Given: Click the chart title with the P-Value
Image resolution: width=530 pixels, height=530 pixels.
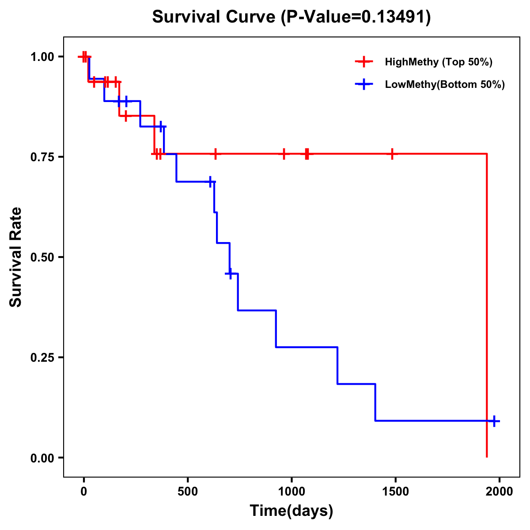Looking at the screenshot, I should click(x=291, y=17).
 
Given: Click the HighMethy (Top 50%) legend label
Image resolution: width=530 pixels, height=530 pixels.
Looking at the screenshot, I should click(x=439, y=62).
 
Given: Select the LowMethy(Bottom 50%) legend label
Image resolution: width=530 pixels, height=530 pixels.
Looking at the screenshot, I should click(x=445, y=84).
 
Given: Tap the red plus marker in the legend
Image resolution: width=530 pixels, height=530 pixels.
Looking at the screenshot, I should click(x=363, y=62).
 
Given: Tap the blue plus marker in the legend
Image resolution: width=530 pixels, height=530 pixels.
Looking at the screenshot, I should click(x=363, y=84).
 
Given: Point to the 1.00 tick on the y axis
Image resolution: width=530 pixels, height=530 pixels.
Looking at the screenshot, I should click(x=42, y=57).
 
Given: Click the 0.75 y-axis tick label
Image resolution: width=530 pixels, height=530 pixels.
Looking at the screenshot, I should click(x=42, y=157).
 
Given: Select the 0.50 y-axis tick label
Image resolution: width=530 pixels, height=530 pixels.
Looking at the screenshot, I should click(x=42, y=257).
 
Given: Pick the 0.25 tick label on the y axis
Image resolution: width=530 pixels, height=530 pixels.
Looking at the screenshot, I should click(x=42, y=358).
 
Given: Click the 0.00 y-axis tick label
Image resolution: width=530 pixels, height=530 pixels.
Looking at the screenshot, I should click(x=42, y=458).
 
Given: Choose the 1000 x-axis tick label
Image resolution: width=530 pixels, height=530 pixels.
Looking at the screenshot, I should click(x=291, y=492).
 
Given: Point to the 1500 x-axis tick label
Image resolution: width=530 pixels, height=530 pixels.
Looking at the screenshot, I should click(x=395, y=492).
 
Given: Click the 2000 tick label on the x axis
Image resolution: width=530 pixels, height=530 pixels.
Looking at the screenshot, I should click(x=499, y=492).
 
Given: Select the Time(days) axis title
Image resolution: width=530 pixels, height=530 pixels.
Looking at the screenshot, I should click(x=291, y=511).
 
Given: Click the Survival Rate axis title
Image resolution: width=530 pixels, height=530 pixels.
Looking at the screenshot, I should click(x=16, y=257).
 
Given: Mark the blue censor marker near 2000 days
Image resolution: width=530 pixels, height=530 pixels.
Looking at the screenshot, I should click(x=494, y=421).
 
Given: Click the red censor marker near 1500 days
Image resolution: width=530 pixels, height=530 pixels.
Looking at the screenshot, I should click(x=392, y=154).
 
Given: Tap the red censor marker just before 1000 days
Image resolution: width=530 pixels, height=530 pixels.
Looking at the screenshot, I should click(x=284, y=154).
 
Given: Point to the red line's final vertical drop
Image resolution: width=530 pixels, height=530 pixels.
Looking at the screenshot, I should click(x=487, y=305).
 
